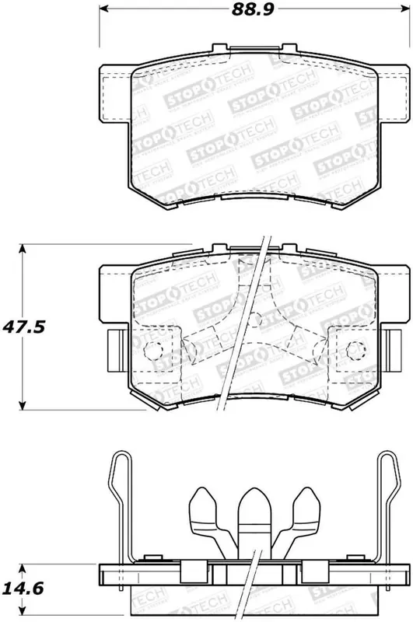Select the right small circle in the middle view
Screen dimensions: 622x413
[359, 348]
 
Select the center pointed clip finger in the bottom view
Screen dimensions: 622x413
[250, 513]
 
